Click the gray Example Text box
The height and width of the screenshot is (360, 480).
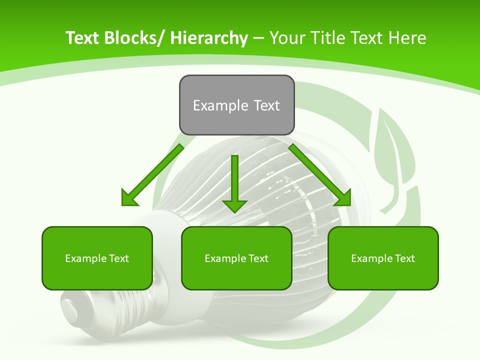tap(236, 105)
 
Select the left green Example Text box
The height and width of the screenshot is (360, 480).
tap(97, 258)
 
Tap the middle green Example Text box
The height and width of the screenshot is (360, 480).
tap(236, 258)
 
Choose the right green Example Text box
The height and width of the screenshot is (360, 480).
tap(383, 258)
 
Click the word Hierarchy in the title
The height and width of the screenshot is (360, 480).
tap(208, 38)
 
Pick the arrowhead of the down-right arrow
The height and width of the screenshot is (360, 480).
tap(342, 197)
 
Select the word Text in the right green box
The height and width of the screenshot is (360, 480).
tap(404, 258)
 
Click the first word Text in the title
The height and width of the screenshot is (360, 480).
tap(83, 38)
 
